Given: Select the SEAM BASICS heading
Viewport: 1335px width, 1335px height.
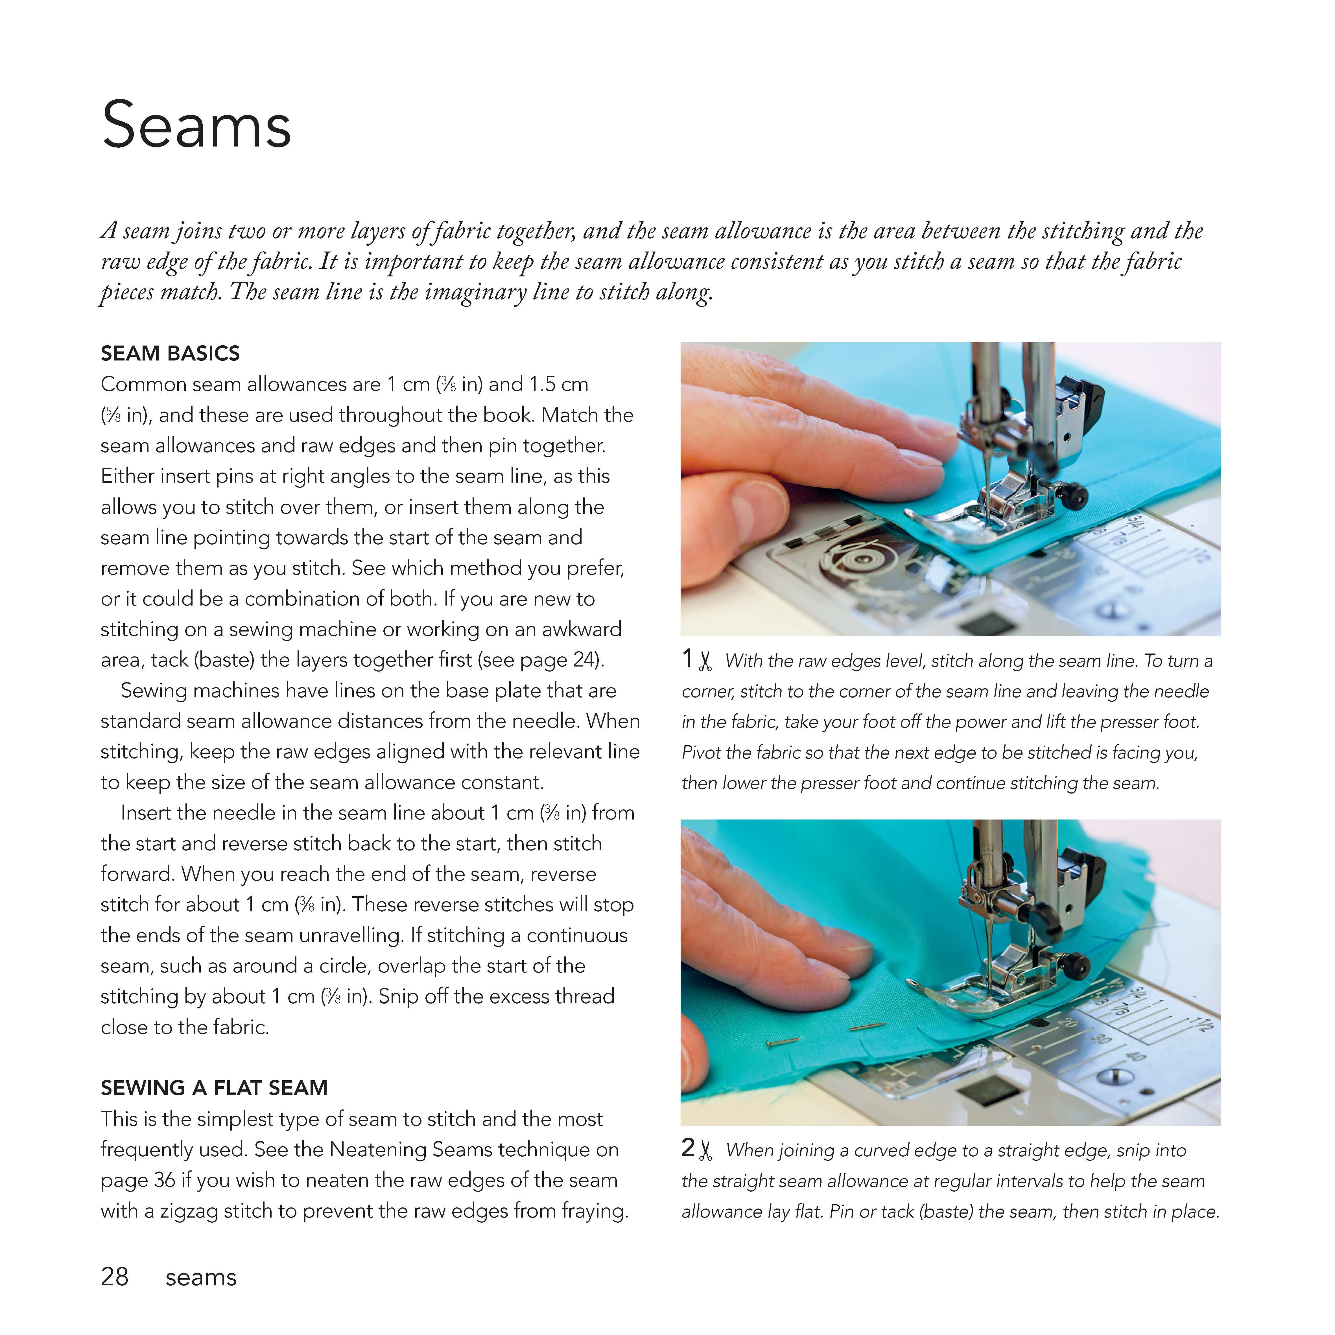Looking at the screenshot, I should tap(170, 354).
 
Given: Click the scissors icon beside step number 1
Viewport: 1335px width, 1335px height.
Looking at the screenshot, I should tap(705, 661).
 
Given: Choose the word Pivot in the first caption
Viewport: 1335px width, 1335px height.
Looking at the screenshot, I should tap(701, 753).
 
